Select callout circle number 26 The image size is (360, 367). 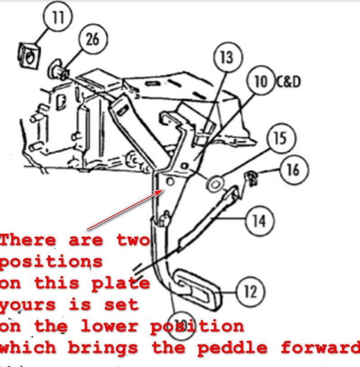[92, 40]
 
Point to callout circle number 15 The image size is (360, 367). [280, 138]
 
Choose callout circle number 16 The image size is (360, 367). [292, 170]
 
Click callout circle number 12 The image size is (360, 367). [250, 292]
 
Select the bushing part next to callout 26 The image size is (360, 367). [58, 71]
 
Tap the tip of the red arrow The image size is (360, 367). [162, 191]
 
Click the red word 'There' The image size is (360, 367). [28, 240]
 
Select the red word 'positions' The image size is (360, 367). [51, 262]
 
